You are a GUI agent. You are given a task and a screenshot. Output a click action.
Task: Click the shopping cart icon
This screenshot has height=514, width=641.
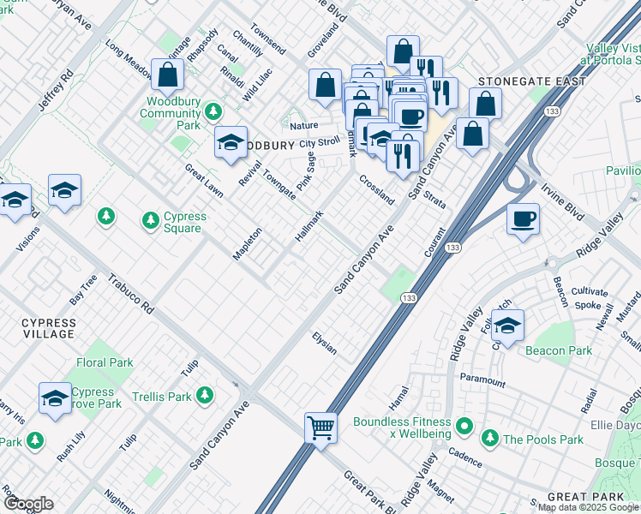click(320, 426)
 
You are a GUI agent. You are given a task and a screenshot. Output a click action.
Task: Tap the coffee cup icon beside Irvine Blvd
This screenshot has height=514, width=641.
click(523, 219)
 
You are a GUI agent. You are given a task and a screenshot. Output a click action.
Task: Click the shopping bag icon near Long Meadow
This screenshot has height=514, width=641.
click(168, 75)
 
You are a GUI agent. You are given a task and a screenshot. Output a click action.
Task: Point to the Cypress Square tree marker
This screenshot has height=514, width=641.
click(151, 221)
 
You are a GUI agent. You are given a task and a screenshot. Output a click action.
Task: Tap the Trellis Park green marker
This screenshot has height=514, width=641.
click(204, 395)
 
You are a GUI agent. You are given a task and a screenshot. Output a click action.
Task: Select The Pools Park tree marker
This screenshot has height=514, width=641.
click(489, 439)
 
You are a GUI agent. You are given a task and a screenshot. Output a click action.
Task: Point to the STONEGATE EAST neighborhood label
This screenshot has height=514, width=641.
click(532, 81)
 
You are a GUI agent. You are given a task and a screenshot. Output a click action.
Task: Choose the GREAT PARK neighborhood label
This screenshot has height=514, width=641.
click(580, 497)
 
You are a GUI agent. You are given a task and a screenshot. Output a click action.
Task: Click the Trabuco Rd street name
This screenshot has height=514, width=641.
click(130, 293)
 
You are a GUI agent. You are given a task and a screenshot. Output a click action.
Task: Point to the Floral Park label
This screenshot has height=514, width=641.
click(105, 362)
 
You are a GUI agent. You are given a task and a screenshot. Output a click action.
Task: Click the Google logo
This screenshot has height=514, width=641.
click(28, 504)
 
